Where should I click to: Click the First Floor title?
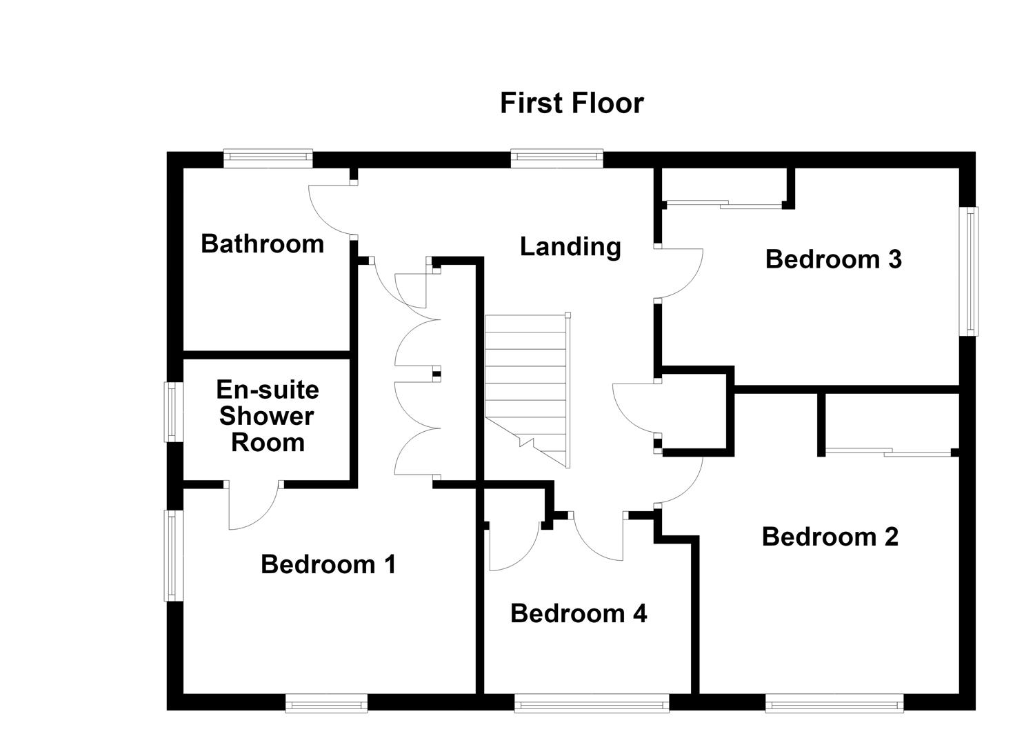(x=572, y=103)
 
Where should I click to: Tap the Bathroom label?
(x=263, y=244)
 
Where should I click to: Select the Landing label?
(x=570, y=248)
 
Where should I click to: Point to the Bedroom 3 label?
(x=834, y=259)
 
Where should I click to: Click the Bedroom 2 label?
(x=830, y=537)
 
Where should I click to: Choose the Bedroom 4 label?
(x=579, y=613)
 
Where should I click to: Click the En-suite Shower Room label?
(x=268, y=416)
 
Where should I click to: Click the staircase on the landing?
(x=528, y=390)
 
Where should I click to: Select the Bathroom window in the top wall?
(x=268, y=158)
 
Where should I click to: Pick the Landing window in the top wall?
(x=556, y=158)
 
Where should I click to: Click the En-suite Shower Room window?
(x=174, y=412)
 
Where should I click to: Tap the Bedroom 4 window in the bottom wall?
(x=592, y=703)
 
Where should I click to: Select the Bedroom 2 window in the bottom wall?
(x=834, y=703)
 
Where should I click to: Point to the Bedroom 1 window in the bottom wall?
(x=326, y=703)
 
